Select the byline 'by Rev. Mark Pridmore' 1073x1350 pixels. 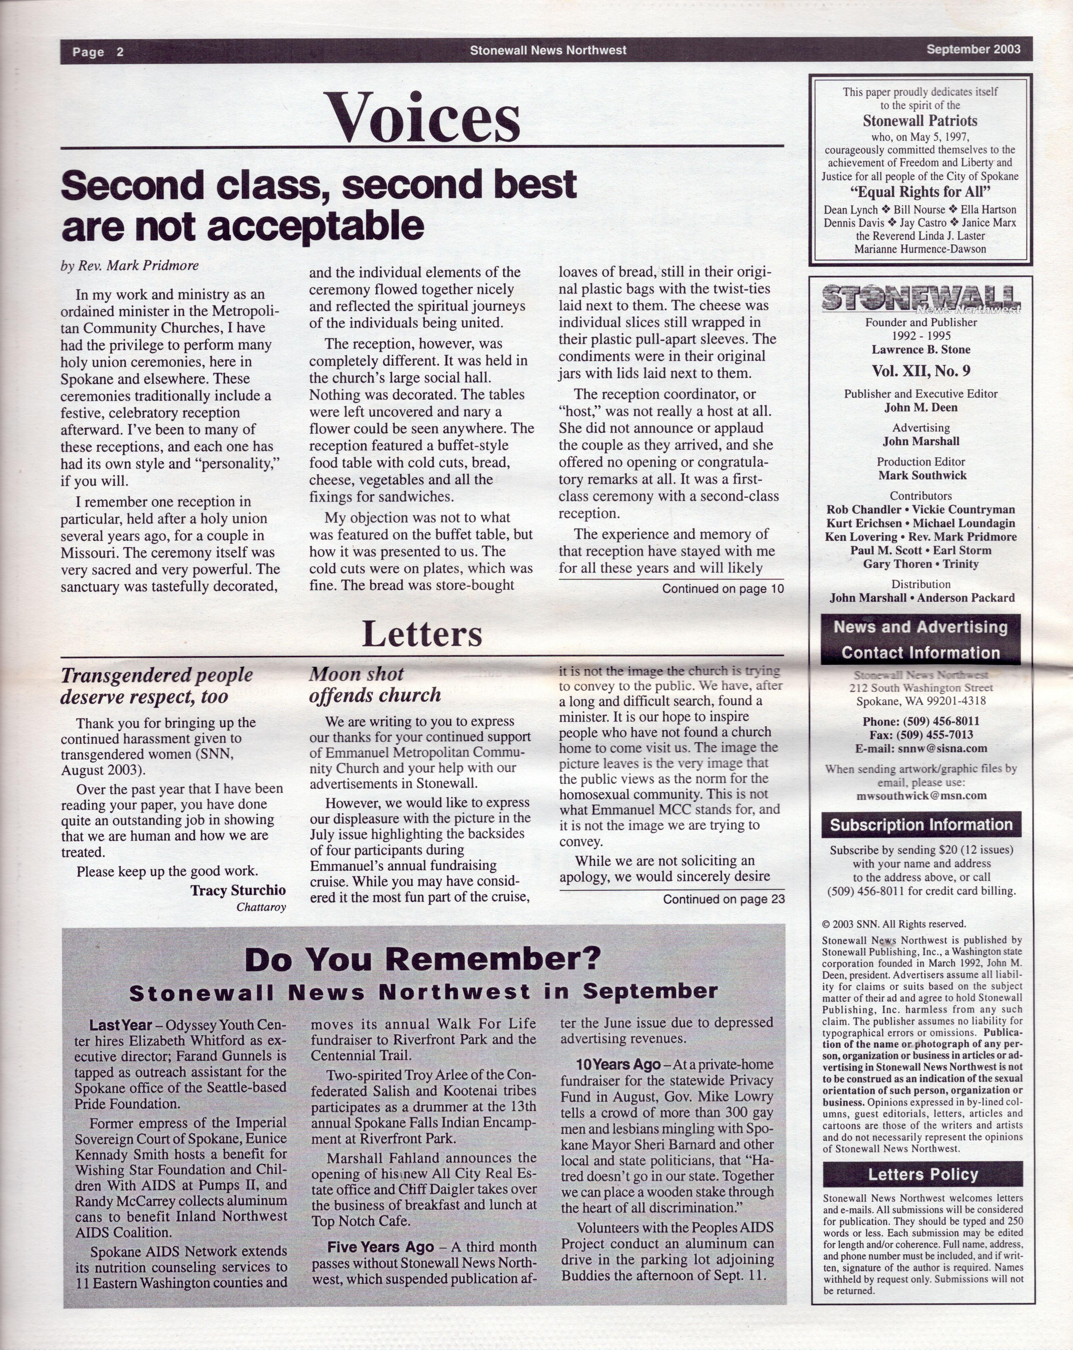pos(130,265)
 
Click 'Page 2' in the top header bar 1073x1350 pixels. pos(98,51)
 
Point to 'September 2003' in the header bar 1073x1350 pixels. pos(973,50)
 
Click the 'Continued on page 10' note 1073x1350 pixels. pos(723,589)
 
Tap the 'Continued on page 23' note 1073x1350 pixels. pos(723,899)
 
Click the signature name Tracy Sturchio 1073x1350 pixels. pos(238,890)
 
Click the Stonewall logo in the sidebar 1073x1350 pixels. pos(920,299)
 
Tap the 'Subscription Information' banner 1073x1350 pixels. pos(921,824)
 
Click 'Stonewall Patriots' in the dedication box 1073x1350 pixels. pos(920,121)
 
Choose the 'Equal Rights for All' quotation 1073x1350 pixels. pos(920,192)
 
